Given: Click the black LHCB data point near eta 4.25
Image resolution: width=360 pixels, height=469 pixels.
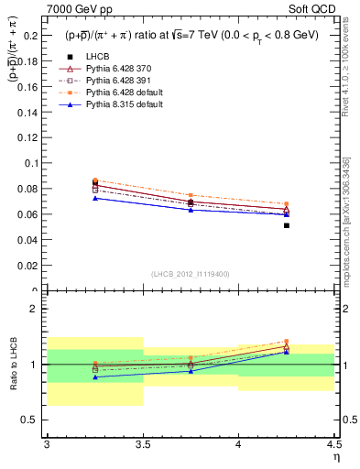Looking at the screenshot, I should pos(287,225).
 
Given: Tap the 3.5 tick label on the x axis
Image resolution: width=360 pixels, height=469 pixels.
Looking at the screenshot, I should pos(142,444).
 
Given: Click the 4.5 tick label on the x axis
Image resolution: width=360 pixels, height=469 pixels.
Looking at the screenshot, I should pos(333,444).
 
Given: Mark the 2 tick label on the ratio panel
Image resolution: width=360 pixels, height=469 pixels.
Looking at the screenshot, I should pos(37,310).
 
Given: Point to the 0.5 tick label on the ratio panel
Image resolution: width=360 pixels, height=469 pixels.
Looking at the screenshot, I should pos(33,420).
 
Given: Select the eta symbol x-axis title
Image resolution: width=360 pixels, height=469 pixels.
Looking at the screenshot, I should pos(335,457).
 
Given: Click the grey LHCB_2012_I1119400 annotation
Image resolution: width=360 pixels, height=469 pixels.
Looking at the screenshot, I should pos(191,274).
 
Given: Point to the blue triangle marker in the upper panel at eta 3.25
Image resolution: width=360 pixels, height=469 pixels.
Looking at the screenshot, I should pos(95,198).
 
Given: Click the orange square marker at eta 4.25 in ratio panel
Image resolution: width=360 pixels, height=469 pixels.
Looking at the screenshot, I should pos(287,342).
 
